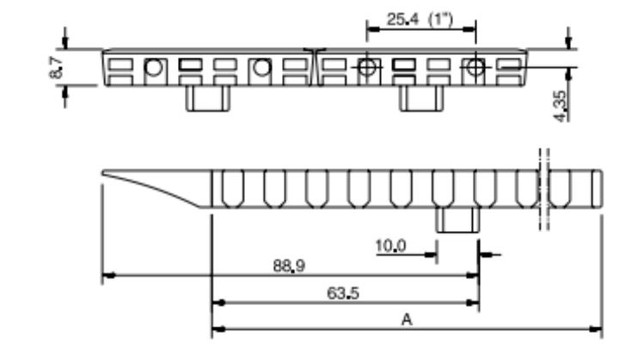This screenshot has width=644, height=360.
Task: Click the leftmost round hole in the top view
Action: [154, 68]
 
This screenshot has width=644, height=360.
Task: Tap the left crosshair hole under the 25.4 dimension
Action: [367, 68]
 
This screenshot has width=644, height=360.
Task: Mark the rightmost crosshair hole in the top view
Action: [474, 68]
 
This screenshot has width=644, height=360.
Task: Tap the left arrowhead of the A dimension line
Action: [216, 328]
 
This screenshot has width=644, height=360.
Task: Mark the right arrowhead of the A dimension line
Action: [597, 328]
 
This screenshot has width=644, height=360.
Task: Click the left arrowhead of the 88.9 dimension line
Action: [107, 277]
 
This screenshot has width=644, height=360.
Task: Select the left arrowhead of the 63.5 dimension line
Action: [216, 302]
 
